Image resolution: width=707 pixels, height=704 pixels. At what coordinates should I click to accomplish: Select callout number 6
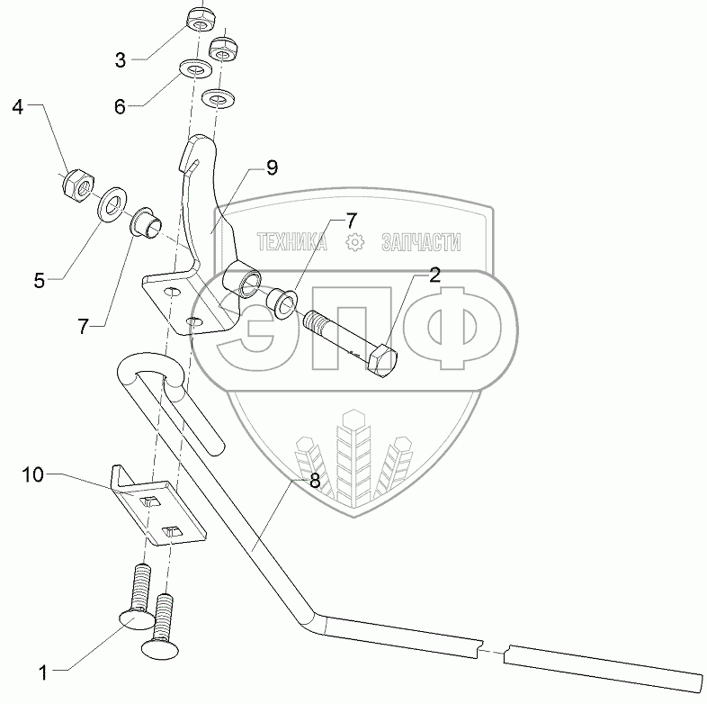[x=120, y=105]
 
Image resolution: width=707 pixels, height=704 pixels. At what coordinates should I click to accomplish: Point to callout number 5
[x=39, y=280]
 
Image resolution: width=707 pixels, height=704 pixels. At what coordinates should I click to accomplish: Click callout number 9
[x=272, y=167]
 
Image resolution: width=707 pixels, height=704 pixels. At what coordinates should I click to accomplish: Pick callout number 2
[x=434, y=275]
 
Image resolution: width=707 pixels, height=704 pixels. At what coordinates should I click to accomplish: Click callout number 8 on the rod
[x=315, y=481]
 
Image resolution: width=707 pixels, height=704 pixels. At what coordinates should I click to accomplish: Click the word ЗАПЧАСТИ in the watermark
[x=421, y=242]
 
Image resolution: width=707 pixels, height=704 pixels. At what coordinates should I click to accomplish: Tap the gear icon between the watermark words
[x=355, y=242]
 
